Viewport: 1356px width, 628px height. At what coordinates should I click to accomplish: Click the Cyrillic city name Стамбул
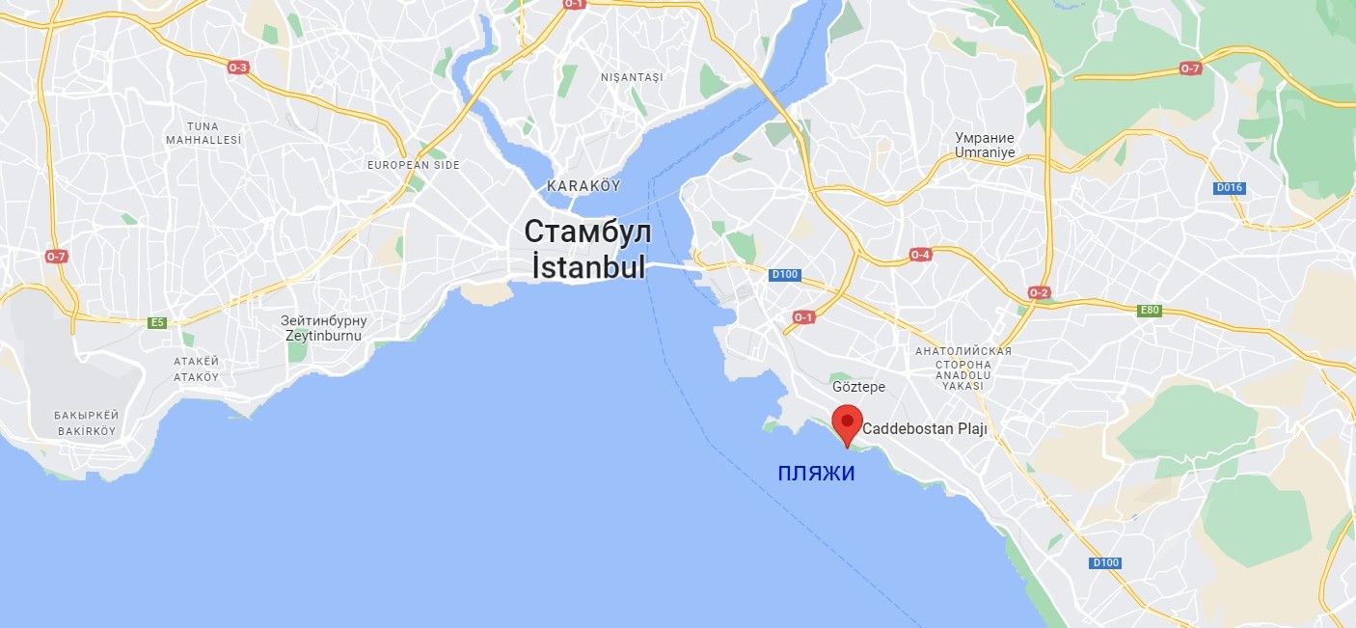pos(587,232)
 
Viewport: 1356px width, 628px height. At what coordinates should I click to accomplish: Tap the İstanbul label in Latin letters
pos(587,265)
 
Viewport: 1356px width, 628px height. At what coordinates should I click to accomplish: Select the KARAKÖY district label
pos(583,185)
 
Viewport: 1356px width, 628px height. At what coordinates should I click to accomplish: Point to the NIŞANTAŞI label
pos(632,77)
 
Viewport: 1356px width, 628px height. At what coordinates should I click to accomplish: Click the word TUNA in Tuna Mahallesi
pos(203,126)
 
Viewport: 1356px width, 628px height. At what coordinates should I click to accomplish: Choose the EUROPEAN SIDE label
pos(413,165)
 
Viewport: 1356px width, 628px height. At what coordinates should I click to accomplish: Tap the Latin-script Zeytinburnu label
pos(323,336)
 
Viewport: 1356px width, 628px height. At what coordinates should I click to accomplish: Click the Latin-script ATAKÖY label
pos(196,376)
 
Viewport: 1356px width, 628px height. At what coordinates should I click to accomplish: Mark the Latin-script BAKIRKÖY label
pos(85,430)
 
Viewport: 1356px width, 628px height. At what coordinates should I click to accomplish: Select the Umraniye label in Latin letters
pos(984,152)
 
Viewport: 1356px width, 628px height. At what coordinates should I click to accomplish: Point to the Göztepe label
pos(858,387)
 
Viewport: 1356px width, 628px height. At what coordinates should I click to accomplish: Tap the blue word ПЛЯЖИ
pos(816,474)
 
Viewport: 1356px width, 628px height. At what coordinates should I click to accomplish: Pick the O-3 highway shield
pos(238,68)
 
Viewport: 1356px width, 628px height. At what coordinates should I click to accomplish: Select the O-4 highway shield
pos(920,255)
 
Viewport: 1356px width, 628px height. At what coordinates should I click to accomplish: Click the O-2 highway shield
pos(1039,292)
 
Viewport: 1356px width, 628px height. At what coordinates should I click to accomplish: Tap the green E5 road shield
pos(157,322)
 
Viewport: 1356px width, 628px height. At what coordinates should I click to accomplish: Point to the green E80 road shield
pos(1149,311)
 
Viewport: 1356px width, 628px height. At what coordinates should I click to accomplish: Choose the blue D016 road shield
pos(1228,187)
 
